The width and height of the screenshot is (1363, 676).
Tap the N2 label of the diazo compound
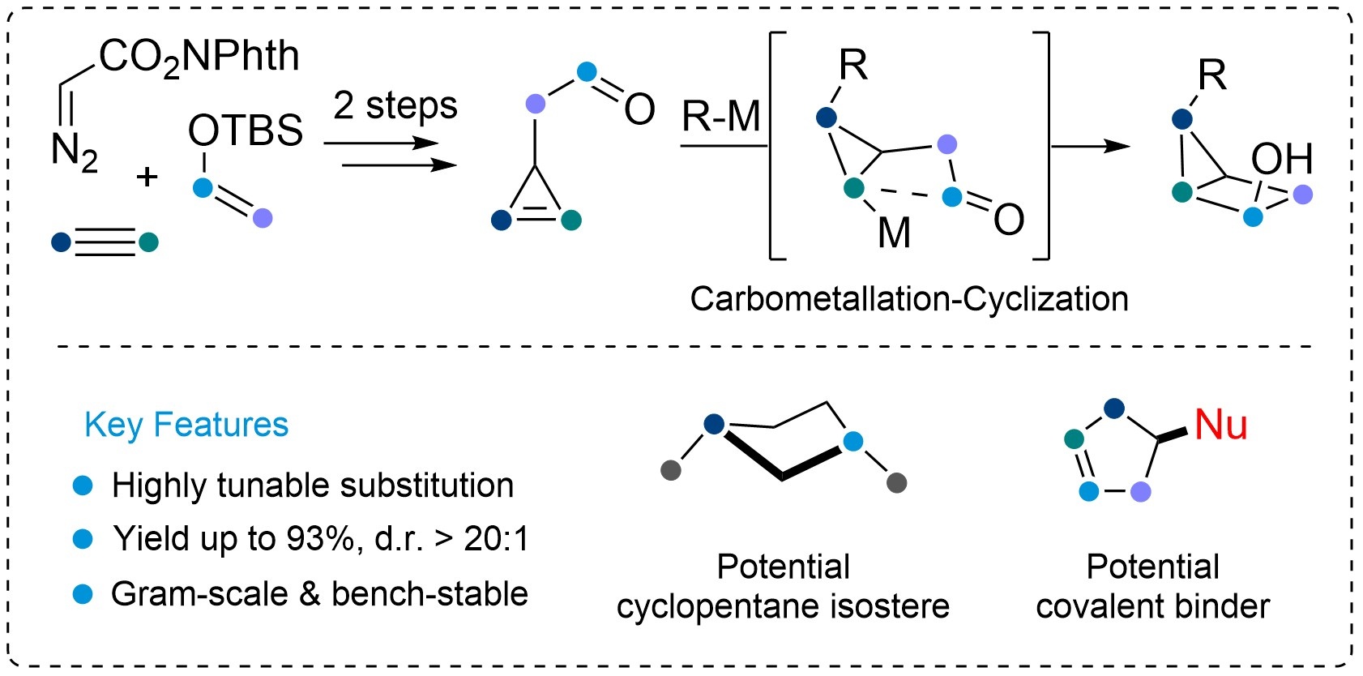pos(74,152)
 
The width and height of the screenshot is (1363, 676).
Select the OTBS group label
pos(246,130)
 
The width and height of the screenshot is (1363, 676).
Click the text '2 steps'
pos(395,105)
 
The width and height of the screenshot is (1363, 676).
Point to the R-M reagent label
pos(721,116)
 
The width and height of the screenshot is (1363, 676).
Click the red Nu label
pos(1220,424)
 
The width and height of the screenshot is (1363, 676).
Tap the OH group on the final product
pos(1282,159)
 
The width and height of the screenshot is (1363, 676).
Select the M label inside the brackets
pos(894,233)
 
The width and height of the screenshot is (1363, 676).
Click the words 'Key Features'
pos(186,424)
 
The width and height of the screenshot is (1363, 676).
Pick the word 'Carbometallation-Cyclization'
pos(909,299)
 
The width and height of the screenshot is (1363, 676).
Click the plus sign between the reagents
pos(147,177)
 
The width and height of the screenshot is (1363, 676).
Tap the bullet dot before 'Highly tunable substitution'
pos(83,485)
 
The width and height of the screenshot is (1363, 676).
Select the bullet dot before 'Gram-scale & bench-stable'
pos(83,594)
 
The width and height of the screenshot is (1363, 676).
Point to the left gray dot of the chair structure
pos(670,470)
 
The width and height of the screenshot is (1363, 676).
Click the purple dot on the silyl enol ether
pos(263,218)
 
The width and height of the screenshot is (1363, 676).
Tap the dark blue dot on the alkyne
pos(62,242)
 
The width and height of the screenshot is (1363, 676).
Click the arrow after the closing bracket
pos(1091,146)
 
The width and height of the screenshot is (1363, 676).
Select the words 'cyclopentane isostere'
pos(783,606)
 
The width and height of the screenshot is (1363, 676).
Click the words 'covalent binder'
pos(1153,606)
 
